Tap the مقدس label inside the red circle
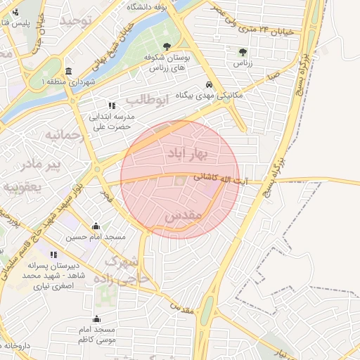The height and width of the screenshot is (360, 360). pos(184,217)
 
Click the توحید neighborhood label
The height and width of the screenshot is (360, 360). pos(76,20)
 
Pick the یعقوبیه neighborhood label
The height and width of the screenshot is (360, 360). pos(22,186)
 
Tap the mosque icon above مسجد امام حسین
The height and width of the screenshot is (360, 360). pos(96,226)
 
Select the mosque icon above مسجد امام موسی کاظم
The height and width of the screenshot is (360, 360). pos(96,319)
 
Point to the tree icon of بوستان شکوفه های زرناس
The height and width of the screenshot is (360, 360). pos(167,46)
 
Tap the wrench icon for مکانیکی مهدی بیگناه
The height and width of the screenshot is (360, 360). pos(208,84)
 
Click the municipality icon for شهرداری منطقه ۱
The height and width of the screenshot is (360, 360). pos(68,72)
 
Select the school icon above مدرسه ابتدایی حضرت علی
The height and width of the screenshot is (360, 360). pos(112,105)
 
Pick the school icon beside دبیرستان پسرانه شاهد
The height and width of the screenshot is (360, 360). pos(53,255)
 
